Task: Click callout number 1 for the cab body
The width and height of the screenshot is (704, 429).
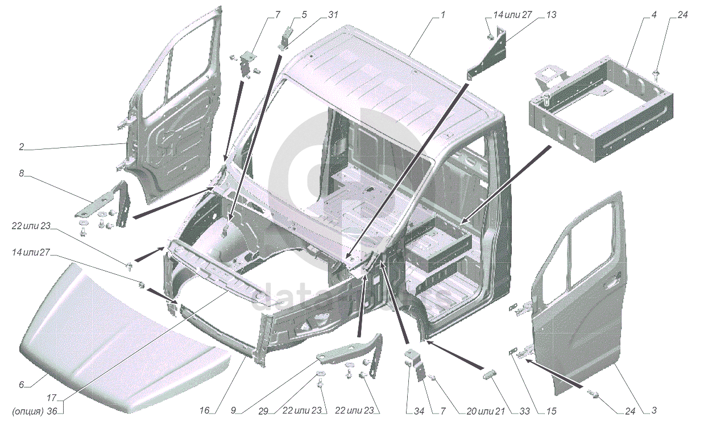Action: pyautogui.click(x=443, y=15)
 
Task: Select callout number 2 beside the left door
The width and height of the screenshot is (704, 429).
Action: pyautogui.click(x=21, y=147)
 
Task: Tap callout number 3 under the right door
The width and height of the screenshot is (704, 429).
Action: pyautogui.click(x=654, y=410)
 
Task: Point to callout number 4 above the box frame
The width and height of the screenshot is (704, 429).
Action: pyautogui.click(x=654, y=15)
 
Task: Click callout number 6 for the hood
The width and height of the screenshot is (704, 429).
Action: pyautogui.click(x=21, y=385)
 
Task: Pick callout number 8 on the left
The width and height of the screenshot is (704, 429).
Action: pyautogui.click(x=21, y=174)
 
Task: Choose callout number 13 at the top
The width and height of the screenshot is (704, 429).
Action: pyautogui.click(x=551, y=15)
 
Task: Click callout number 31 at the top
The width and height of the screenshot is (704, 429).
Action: pyautogui.click(x=333, y=15)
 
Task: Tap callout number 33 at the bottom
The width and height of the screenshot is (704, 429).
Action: pyautogui.click(x=524, y=411)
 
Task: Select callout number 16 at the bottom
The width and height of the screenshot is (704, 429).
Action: pyautogui.click(x=204, y=410)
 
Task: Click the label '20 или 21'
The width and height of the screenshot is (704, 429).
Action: pyautogui.click(x=486, y=411)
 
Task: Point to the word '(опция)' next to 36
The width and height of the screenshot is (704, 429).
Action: pyautogui.click(x=28, y=411)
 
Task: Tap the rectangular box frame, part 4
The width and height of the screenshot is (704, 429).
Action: pyautogui.click(x=601, y=110)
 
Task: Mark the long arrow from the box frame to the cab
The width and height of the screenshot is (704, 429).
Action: pyautogui.click(x=505, y=185)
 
